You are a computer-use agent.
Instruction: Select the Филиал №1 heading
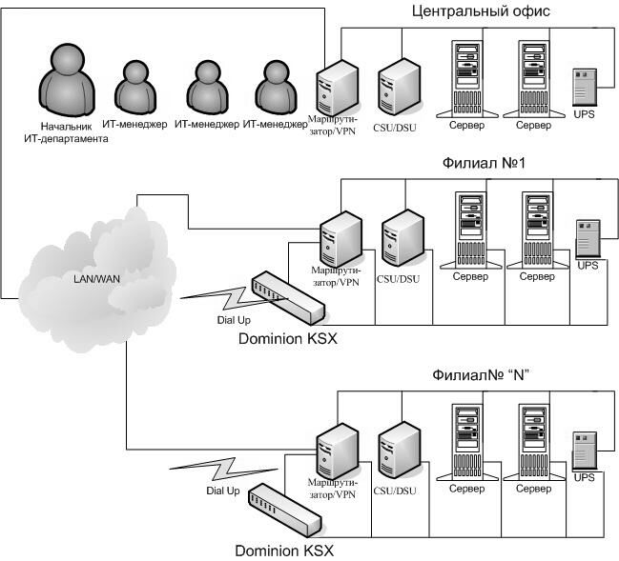[483, 164]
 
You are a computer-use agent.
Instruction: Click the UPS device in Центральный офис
[585, 90]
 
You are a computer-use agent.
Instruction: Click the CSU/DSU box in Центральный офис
[396, 87]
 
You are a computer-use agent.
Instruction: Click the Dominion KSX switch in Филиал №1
[287, 297]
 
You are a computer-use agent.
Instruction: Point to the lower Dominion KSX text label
[285, 550]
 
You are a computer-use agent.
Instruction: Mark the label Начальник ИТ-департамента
[65, 131]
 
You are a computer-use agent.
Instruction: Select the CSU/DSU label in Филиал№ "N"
[395, 491]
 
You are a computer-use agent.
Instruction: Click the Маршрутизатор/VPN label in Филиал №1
[336, 276]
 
